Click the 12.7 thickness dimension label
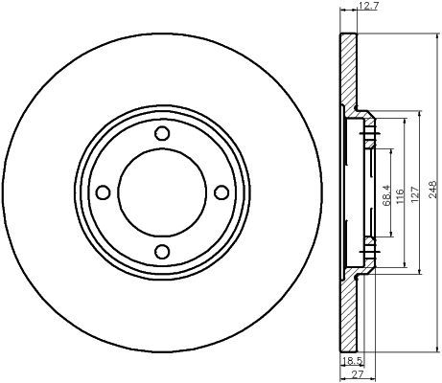368,7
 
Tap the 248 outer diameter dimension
432,190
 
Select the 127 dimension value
414,194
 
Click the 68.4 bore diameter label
386,195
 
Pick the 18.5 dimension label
352,361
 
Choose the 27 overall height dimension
356,374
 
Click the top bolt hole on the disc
162,133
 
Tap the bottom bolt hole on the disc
162,252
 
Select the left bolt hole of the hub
104,192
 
